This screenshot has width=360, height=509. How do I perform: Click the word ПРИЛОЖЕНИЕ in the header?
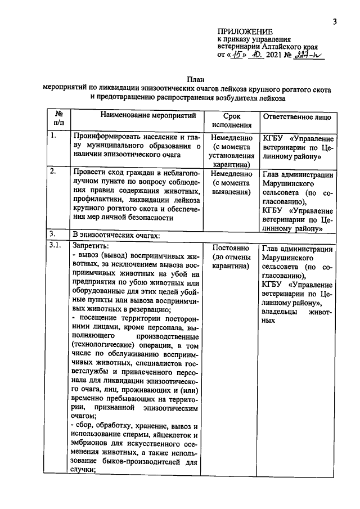click(245, 31)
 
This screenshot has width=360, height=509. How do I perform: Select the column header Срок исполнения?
click(232, 120)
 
